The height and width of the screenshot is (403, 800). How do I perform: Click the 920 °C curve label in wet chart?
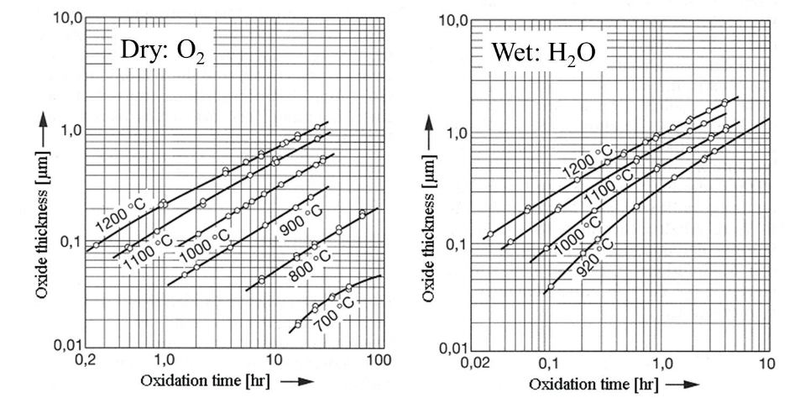coord(594,258)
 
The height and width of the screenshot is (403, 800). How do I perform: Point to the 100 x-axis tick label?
coord(379,359)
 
